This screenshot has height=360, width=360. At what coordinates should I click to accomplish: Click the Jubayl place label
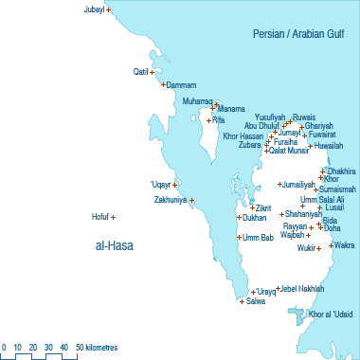pyautogui.click(x=93, y=9)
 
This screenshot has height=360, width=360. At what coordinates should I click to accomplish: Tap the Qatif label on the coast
pyautogui.click(x=142, y=71)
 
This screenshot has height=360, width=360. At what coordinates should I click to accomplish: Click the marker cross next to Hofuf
pyautogui.click(x=114, y=218)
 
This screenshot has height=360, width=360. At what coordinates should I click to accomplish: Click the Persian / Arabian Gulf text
pyautogui.click(x=303, y=33)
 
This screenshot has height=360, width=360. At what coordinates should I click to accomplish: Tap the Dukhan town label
pyautogui.click(x=254, y=218)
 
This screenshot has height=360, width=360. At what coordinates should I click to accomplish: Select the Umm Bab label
pyautogui.click(x=258, y=237)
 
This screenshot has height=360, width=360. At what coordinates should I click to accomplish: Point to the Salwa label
pyautogui.click(x=255, y=301)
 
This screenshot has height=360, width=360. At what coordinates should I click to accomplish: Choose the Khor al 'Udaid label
pyautogui.click(x=331, y=314)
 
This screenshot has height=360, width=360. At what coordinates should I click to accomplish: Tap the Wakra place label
pyautogui.click(x=343, y=245)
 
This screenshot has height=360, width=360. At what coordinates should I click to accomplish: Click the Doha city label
pyautogui.click(x=333, y=228)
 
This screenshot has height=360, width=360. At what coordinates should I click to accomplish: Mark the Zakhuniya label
pyautogui.click(x=171, y=200)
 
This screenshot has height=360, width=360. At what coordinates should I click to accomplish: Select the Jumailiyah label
pyautogui.click(x=297, y=184)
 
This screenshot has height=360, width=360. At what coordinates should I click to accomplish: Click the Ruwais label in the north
pyautogui.click(x=304, y=117)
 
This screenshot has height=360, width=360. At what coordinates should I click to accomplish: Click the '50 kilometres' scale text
pyautogui.click(x=97, y=349)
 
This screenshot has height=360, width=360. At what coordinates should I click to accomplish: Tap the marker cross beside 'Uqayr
pyautogui.click(x=175, y=185)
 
